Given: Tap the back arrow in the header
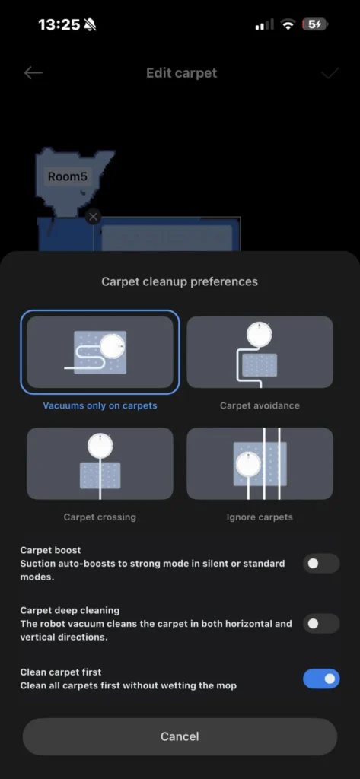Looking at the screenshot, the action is coord(33,73).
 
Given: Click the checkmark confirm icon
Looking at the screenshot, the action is coord(329,74).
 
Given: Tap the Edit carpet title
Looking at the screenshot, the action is coord(181,73).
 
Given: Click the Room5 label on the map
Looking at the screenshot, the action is coord(67,176).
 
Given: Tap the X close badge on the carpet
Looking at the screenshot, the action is coord(93,217).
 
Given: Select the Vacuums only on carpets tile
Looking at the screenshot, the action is coord(100,351).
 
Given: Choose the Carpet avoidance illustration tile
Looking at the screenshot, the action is coord(260,351).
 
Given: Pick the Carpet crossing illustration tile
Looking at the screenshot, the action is coord(100,463).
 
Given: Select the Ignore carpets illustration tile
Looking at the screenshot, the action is coord(260,463).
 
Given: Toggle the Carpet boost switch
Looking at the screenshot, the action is coord(321,564).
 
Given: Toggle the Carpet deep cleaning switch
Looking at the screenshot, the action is coord(321,624).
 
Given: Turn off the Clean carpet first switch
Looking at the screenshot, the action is coord(321,679).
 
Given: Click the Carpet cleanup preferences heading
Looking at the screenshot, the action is coord(180,281).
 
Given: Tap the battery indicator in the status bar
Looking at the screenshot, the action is coord(315,24).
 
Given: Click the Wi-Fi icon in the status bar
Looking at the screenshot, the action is coord(288,24).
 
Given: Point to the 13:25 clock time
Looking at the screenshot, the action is coord(59,24).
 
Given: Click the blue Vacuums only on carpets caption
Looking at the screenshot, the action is coord(100,405).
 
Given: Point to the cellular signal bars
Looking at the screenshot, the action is coord(265,25).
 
